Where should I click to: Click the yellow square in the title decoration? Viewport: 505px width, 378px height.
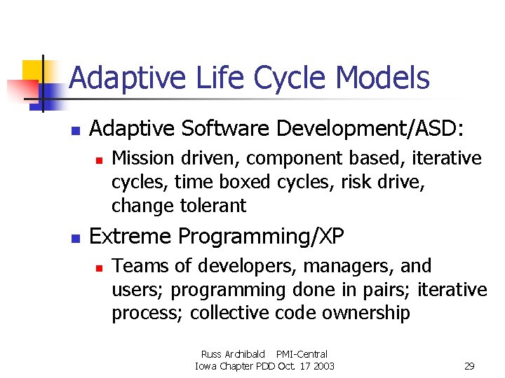34,72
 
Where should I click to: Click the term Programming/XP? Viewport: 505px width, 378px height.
262,237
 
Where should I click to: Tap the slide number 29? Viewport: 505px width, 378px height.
469,366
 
